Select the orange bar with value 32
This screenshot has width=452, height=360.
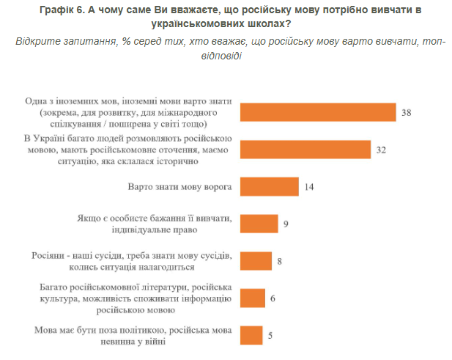pyautogui.click(x=306, y=150)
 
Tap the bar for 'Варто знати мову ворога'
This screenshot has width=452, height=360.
pyautogui.click(x=269, y=187)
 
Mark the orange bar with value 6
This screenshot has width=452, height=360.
pyautogui.click(x=252, y=298)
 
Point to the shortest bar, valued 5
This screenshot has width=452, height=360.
pyautogui.click(x=251, y=335)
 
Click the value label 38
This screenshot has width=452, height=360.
pyautogui.click(x=407, y=112)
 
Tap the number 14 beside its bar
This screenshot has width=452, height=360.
pyautogui.click(x=309, y=187)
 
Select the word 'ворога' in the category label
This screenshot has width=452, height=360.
pyautogui.click(x=218, y=187)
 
